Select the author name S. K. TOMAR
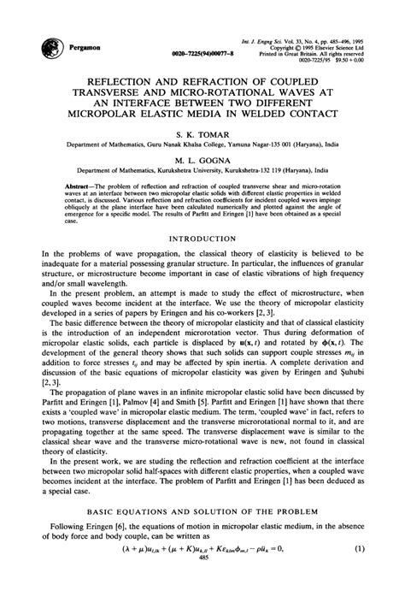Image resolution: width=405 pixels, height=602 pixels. point(203,135)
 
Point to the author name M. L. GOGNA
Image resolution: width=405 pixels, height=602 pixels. point(203,160)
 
